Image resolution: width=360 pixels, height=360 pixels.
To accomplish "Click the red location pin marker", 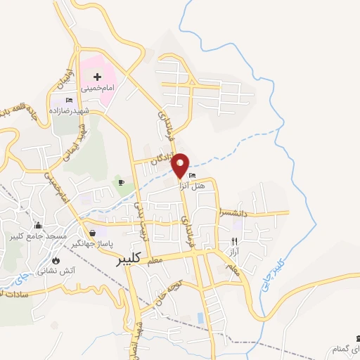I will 181,166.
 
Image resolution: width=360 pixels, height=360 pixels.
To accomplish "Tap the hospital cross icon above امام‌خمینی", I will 97,75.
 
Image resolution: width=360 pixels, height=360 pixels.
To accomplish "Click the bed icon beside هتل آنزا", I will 193,176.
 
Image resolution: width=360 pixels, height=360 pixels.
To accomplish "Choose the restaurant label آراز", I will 234,250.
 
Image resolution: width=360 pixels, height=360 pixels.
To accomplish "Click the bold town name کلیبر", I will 131,259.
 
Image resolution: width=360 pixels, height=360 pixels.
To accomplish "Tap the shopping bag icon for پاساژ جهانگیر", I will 92,233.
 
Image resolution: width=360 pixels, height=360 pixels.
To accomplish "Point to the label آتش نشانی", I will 51,270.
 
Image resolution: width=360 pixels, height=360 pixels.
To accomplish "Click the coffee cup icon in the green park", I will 121,183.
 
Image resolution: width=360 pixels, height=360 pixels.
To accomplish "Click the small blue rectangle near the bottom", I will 202,318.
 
